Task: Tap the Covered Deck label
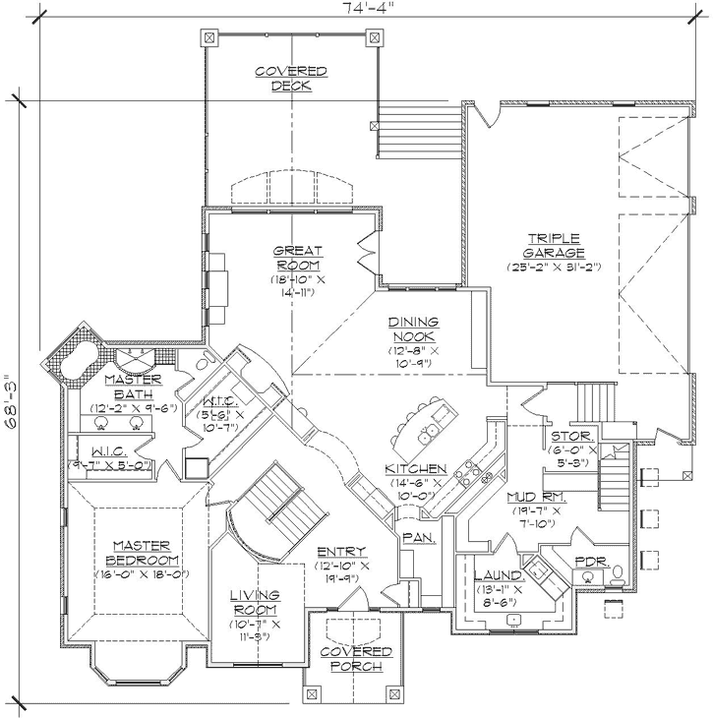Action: [x=291, y=79]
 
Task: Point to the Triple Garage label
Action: [x=554, y=245]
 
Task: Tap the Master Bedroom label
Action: [x=142, y=553]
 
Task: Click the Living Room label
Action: [x=256, y=602]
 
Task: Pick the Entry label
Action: [x=341, y=552]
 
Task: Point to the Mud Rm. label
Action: [x=534, y=497]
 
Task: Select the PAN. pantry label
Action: [x=413, y=538]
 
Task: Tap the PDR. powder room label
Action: [x=591, y=561]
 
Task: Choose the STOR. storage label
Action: [x=570, y=435]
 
